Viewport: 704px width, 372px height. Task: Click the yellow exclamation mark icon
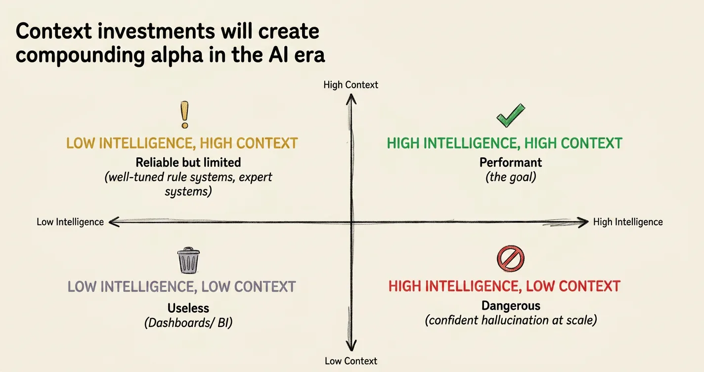pyautogui.click(x=185, y=115)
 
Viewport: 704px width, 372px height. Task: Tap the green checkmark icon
pyautogui.click(x=511, y=115)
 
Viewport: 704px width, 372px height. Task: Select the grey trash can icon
pyautogui.click(x=188, y=260)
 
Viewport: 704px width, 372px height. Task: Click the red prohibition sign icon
pyautogui.click(x=510, y=259)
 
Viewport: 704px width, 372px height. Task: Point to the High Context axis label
pyautogui.click(x=351, y=85)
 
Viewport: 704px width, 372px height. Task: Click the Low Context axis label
pyautogui.click(x=351, y=361)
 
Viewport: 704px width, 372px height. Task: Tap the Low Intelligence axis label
pyautogui.click(x=70, y=222)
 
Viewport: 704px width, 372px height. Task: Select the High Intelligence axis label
pyautogui.click(x=628, y=222)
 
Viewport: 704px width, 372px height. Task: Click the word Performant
pyautogui.click(x=510, y=163)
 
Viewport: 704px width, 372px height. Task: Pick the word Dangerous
pyautogui.click(x=511, y=306)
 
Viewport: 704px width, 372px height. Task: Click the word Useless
pyautogui.click(x=188, y=308)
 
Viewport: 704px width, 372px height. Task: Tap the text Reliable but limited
pyautogui.click(x=188, y=163)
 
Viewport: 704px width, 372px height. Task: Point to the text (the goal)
pyautogui.click(x=511, y=177)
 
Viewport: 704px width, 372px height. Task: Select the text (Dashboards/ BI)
pyautogui.click(x=188, y=323)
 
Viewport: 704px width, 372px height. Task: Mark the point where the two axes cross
pyautogui.click(x=352, y=222)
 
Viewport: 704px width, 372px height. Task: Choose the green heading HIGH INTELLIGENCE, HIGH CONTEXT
pyautogui.click(x=504, y=143)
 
